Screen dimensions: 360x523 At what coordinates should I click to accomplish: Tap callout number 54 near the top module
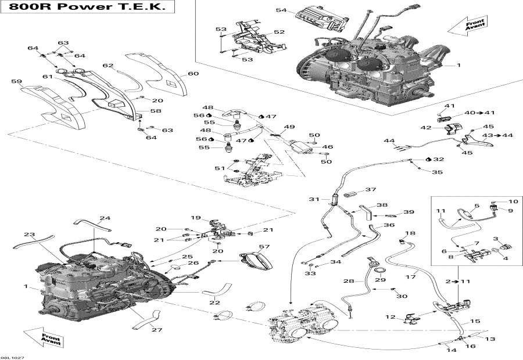(281, 10)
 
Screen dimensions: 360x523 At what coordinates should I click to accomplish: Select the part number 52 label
(279, 32)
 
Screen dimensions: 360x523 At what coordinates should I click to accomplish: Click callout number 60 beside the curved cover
(193, 74)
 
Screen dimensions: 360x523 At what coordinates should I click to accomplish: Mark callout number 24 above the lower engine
(104, 218)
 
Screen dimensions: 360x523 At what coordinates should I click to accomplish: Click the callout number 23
(30, 235)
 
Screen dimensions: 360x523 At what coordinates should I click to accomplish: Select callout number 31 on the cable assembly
(314, 199)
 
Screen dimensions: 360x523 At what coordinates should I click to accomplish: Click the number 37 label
(370, 190)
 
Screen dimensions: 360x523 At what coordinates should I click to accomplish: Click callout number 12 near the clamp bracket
(391, 317)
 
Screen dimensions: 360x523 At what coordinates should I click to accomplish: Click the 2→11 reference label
(456, 281)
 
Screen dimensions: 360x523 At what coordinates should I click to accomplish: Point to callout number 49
(289, 127)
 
